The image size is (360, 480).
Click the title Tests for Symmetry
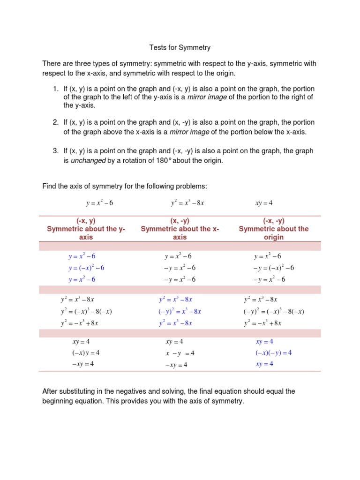[180, 47]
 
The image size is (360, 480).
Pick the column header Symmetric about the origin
[274, 229]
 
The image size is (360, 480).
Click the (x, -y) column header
[180, 229]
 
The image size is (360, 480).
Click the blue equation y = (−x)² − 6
[86, 268]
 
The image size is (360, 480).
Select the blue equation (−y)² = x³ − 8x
[180, 311]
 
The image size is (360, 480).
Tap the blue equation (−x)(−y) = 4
[273, 353]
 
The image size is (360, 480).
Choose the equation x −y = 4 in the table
[180, 353]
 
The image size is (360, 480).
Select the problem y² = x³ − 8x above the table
[187, 203]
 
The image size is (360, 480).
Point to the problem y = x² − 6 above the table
[99, 203]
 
